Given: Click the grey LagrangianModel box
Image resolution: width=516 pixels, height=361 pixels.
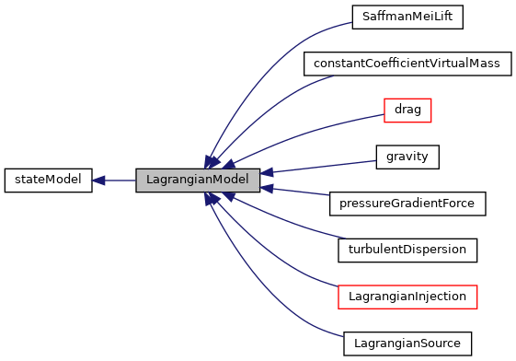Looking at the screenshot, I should pyautogui.click(x=198, y=180).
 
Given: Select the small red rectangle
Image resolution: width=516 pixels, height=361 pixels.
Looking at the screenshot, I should pyautogui.click(x=407, y=111).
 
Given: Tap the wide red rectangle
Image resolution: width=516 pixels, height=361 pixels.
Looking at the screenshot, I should pyautogui.click(x=407, y=297).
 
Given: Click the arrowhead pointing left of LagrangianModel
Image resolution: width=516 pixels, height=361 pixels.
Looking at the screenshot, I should pyautogui.click(x=98, y=180).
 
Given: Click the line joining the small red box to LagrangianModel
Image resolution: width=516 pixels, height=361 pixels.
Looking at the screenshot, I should pyautogui.click(x=313, y=131).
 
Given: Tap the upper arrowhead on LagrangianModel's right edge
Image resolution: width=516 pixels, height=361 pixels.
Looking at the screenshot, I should pyautogui.click(x=267, y=172).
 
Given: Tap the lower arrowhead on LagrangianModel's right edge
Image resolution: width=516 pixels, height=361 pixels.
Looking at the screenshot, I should pyautogui.click(x=267, y=188).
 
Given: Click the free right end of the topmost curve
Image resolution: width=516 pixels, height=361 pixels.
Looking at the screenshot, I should pyautogui.click(x=351, y=22).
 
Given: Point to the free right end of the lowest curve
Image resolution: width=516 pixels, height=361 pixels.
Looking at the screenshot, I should pyautogui.click(x=343, y=337).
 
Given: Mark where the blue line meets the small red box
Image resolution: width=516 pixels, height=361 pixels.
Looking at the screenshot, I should pyautogui.click(x=384, y=114).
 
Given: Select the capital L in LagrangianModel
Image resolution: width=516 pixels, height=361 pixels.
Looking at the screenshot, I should pyautogui.click(x=149, y=180).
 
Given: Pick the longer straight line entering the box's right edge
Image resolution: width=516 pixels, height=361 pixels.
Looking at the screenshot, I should pyautogui.click(x=322, y=167).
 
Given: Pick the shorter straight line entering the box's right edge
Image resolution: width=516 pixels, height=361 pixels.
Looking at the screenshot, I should pyautogui.click(x=299, y=192).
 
